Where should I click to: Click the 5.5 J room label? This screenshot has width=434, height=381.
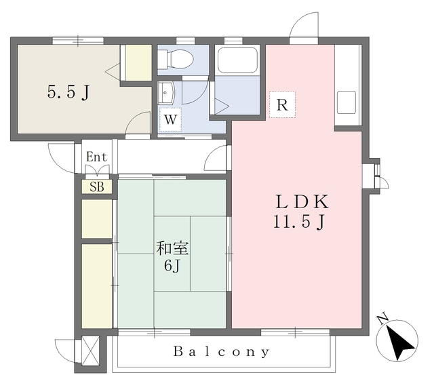click(68, 92)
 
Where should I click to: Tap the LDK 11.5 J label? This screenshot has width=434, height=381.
click(301, 212)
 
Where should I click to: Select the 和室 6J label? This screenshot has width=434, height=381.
click(172, 257)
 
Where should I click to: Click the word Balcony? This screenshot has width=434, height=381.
click(222, 352)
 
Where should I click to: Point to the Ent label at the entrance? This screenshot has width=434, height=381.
click(96, 157)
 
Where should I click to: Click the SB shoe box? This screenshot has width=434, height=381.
click(97, 187)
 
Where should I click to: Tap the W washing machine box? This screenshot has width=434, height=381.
click(170, 119)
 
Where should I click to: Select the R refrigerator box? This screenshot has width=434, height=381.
click(282, 105)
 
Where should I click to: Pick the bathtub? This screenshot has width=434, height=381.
click(238, 60)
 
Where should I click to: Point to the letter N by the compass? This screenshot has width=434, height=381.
click(382, 319)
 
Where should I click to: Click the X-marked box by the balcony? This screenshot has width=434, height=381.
click(90, 351)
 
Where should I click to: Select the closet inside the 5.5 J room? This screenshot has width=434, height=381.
click(138, 63)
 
